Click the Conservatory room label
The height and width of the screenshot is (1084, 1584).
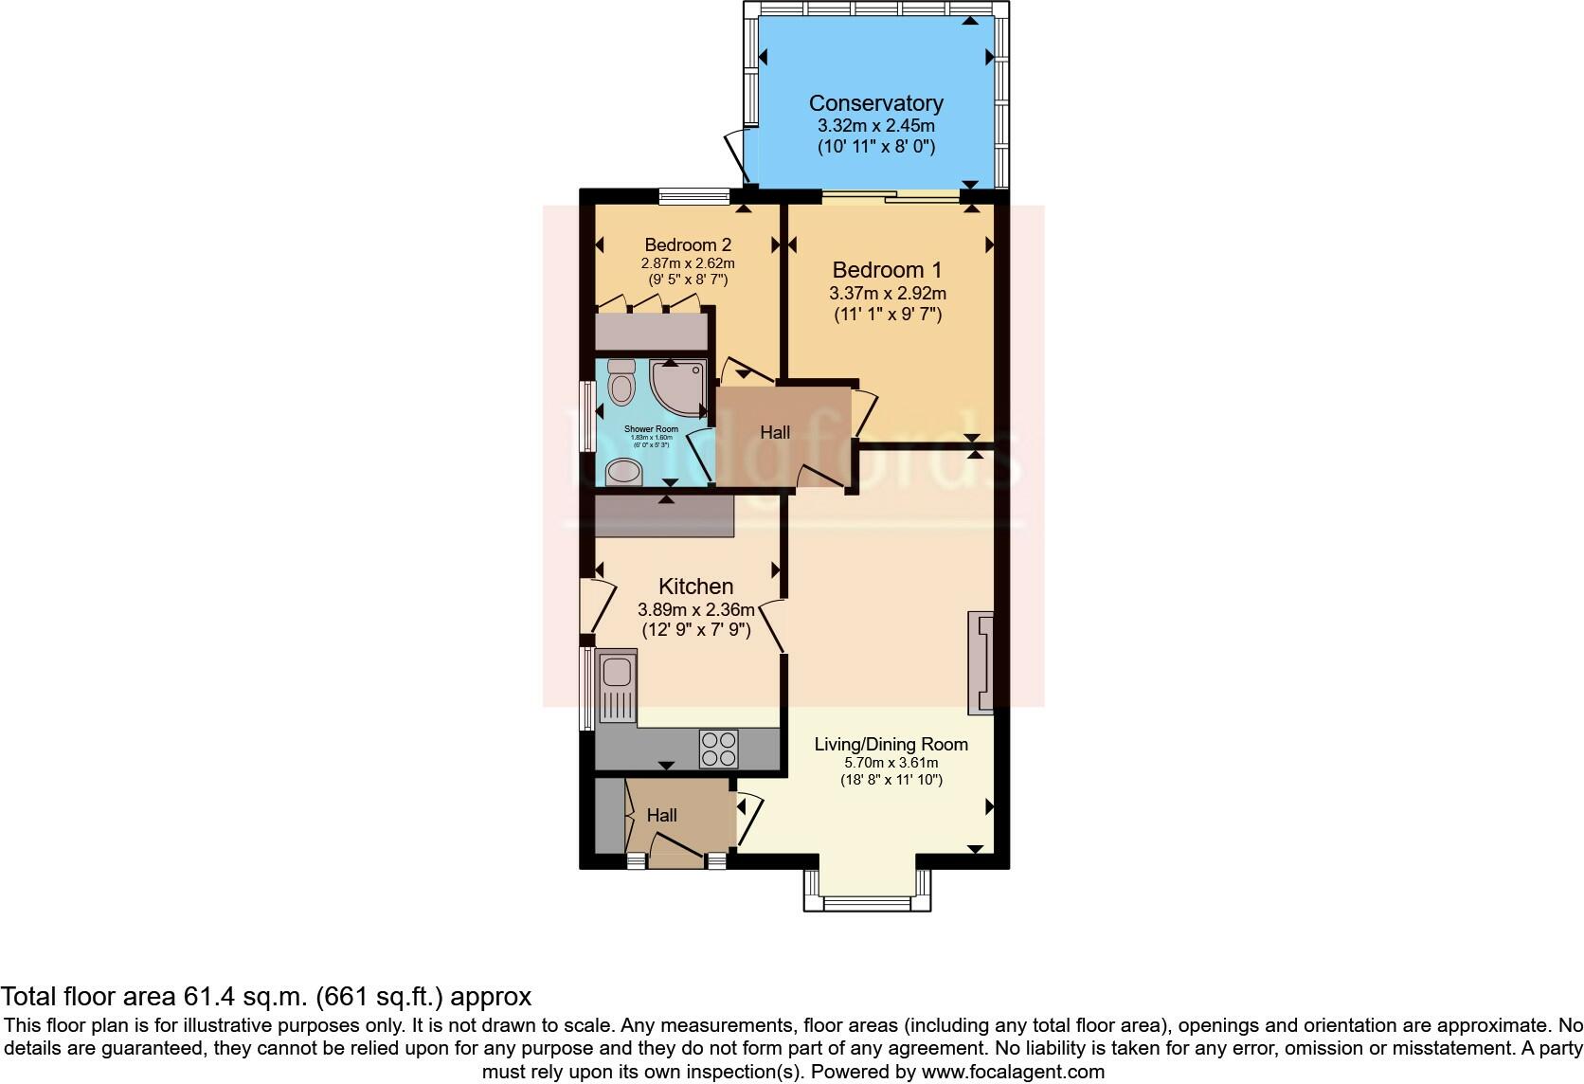tap(875, 103)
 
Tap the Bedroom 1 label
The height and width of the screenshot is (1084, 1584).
tap(887, 270)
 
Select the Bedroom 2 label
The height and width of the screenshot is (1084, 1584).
tap(688, 245)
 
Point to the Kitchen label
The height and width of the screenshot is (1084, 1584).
tap(696, 587)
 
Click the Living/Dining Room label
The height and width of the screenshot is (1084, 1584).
tap(891, 744)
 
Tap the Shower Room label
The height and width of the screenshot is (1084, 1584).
tap(652, 429)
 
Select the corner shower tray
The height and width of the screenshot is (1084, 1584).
tap(678, 388)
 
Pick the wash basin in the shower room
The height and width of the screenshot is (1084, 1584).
tap(623, 471)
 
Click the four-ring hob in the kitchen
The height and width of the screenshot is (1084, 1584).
tap(719, 748)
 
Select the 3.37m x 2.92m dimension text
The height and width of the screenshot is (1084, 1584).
tap(887, 294)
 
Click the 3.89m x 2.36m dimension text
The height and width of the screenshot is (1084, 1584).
tap(696, 610)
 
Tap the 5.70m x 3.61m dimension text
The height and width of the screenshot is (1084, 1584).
tap(891, 763)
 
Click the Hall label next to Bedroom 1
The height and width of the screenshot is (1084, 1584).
tap(775, 433)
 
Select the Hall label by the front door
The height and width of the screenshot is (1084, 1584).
tap(662, 815)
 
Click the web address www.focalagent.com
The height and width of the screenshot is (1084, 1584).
tap(1013, 1073)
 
